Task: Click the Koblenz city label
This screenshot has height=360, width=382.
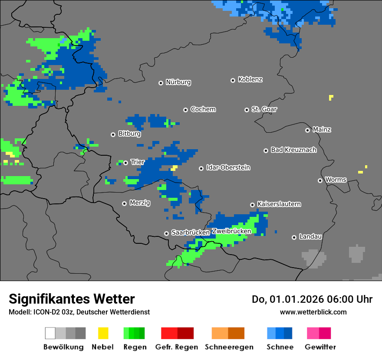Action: point(250,80)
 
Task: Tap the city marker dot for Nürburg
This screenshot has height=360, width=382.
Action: point(161,82)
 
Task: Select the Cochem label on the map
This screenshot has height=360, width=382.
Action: point(203,109)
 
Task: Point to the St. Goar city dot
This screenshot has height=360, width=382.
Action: point(247,110)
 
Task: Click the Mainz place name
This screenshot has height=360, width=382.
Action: point(322,130)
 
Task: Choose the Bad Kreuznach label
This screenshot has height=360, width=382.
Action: point(293,150)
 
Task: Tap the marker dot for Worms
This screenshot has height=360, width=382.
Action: point(320,180)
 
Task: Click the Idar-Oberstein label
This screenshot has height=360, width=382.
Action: point(228,168)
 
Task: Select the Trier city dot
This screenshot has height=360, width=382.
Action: point(125,163)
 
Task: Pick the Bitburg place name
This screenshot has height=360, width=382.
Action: point(129,134)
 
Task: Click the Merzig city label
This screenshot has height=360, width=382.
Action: point(140,203)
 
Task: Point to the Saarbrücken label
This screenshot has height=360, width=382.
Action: point(191,233)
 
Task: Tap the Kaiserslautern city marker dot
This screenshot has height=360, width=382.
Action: point(252,205)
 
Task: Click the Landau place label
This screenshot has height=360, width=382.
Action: point(310,237)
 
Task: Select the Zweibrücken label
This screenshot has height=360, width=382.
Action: point(231,231)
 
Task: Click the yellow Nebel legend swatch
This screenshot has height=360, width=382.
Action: point(103,333)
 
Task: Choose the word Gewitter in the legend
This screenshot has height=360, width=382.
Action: point(320,347)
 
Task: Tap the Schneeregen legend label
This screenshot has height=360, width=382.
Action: point(229,347)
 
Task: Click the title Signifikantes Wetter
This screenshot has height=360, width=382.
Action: point(72,299)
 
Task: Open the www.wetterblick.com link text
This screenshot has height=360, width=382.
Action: point(313,312)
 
